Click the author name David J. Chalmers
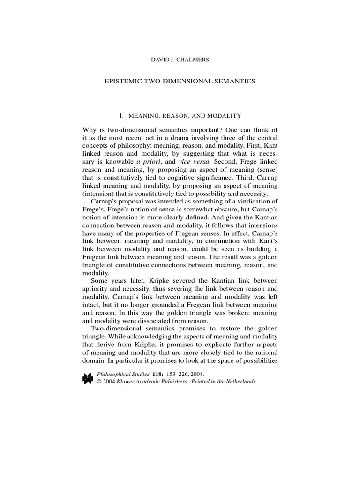click(180, 60)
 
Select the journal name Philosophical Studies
click(124, 375)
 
